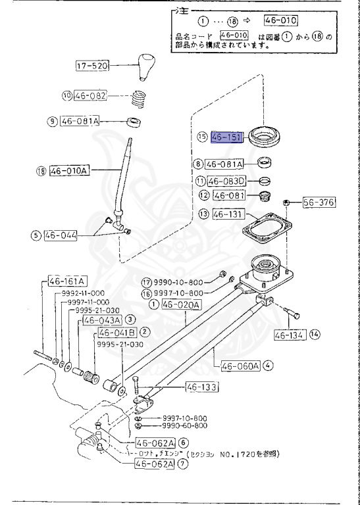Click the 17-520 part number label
point(90,66)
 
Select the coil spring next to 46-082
point(138,99)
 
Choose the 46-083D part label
point(227,181)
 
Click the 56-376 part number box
point(319,203)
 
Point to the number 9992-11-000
point(84,293)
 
